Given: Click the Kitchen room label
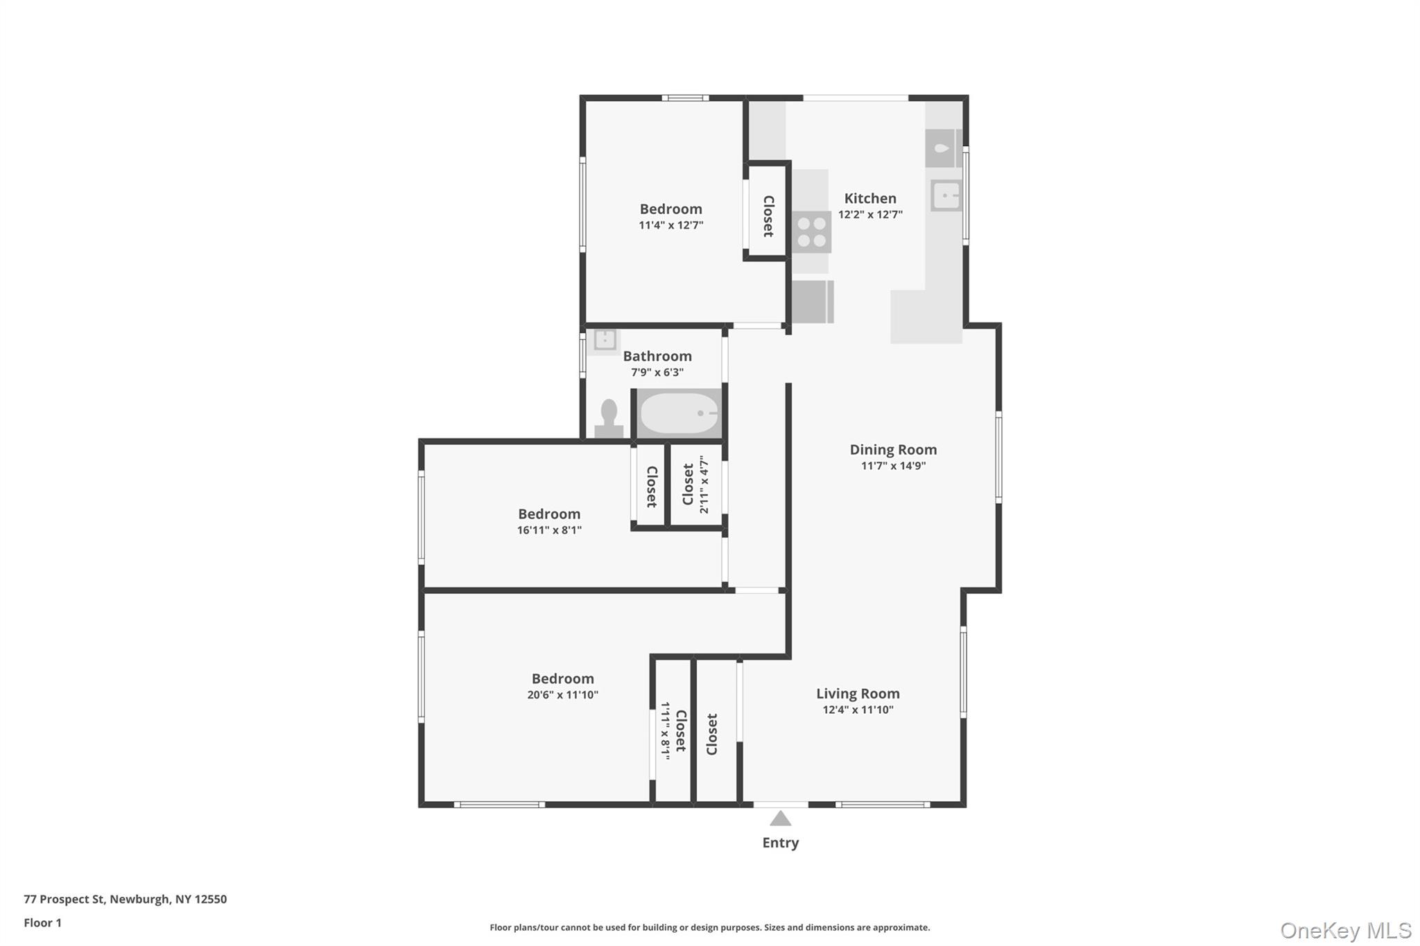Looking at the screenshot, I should (x=870, y=198).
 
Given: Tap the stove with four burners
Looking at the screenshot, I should (x=811, y=232).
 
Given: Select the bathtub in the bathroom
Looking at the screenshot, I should (x=679, y=413).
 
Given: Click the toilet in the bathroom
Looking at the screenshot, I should (x=609, y=418).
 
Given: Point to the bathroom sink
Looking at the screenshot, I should (x=605, y=340).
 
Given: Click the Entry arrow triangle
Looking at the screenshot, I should (x=780, y=818).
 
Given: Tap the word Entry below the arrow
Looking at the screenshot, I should (x=780, y=843).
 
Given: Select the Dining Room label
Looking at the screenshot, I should (x=893, y=450).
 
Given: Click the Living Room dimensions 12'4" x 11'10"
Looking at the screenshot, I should (x=858, y=710).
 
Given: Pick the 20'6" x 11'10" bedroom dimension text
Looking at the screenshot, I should (x=562, y=695).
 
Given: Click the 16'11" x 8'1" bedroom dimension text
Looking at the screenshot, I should (x=549, y=530).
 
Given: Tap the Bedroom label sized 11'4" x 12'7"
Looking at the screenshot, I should (x=670, y=209).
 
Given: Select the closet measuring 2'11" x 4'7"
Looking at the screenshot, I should (x=695, y=484).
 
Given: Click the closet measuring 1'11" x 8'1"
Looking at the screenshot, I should (x=673, y=730).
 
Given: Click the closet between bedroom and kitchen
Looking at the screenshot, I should (x=768, y=216).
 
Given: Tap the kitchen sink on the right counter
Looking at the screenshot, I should (x=946, y=195).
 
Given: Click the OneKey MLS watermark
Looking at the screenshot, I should (x=1345, y=930).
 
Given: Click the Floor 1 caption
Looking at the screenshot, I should (x=42, y=922).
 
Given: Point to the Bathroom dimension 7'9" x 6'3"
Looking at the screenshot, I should (x=657, y=372).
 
